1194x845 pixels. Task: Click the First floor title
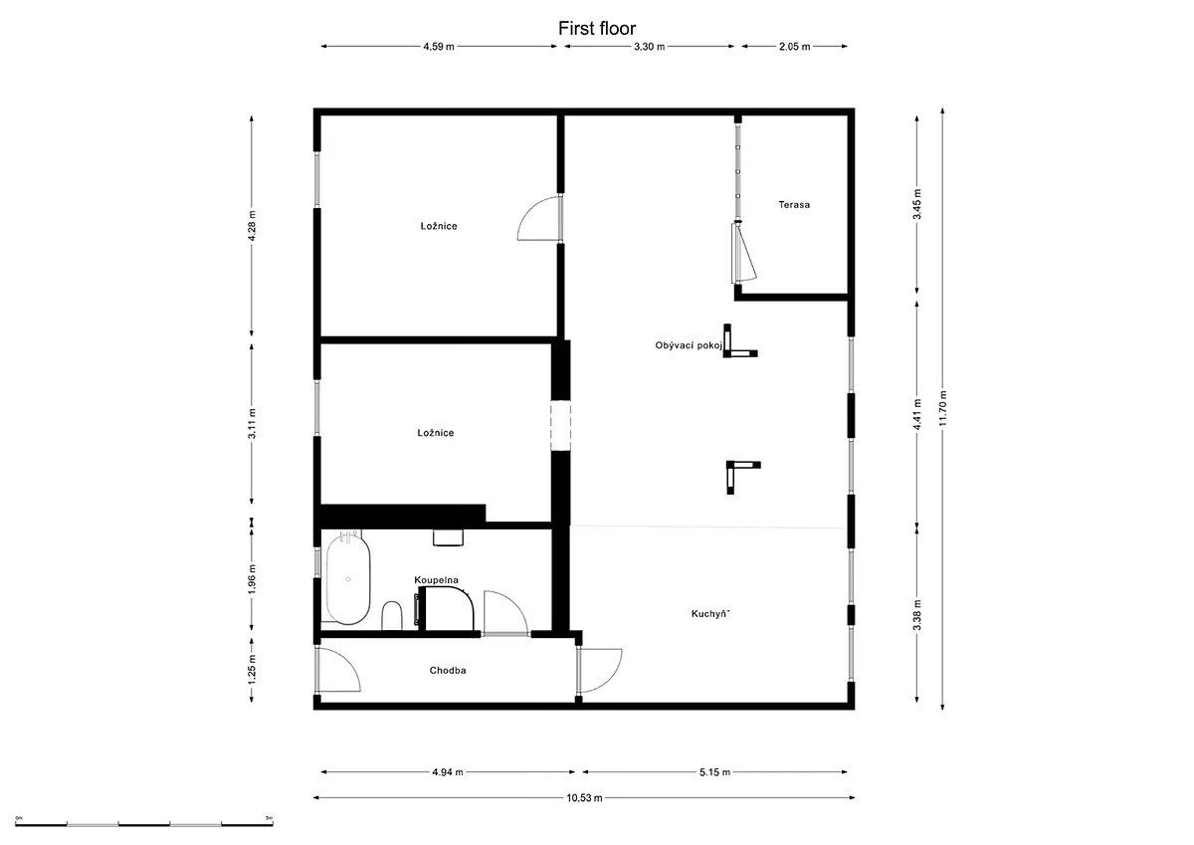point(596,28)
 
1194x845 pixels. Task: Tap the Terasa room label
point(794,205)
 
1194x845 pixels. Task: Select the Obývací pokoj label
point(689,345)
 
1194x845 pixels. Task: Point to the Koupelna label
point(436,580)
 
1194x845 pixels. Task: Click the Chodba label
point(448,671)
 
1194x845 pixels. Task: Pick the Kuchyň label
point(710,614)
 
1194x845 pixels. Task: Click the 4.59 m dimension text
point(439,47)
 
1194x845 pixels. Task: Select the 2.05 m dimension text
point(794,47)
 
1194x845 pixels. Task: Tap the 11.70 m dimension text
point(942,408)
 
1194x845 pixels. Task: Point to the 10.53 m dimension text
point(584,798)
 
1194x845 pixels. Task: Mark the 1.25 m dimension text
point(252,670)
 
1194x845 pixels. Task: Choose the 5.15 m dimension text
point(714,772)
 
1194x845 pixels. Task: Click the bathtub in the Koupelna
point(347,579)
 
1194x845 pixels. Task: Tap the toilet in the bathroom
point(392,615)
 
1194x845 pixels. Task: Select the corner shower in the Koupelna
point(445,608)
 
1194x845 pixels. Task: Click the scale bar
point(144,824)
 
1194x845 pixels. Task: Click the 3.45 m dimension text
point(916,205)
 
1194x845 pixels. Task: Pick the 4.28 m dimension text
point(252,226)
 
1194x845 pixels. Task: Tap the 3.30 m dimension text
point(649,47)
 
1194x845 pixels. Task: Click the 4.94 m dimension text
point(448,772)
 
